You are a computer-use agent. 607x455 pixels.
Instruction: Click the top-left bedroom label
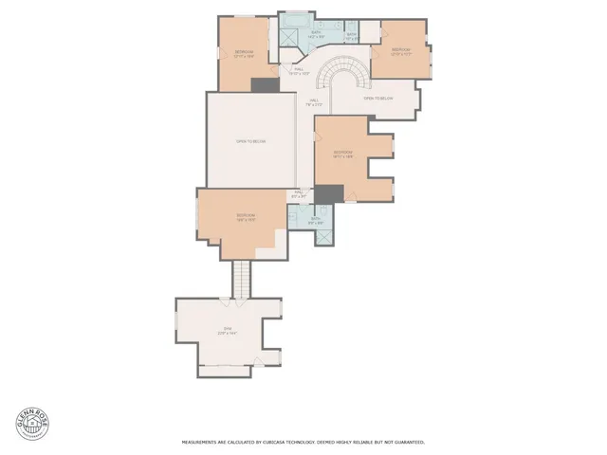tap(245, 55)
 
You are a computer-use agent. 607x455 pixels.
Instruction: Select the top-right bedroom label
tap(403, 51)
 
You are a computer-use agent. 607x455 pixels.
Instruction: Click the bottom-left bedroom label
tap(247, 216)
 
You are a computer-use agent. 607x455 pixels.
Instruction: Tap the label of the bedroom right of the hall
tap(343, 155)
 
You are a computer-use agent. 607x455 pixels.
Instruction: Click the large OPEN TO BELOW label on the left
tap(251, 141)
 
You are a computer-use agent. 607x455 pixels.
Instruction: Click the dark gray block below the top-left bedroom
tap(263, 85)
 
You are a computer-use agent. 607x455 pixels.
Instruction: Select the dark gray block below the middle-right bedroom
tap(328, 192)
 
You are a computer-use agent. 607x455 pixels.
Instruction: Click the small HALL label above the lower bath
tap(297, 194)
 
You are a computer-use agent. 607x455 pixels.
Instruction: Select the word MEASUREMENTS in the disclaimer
tap(203, 442)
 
